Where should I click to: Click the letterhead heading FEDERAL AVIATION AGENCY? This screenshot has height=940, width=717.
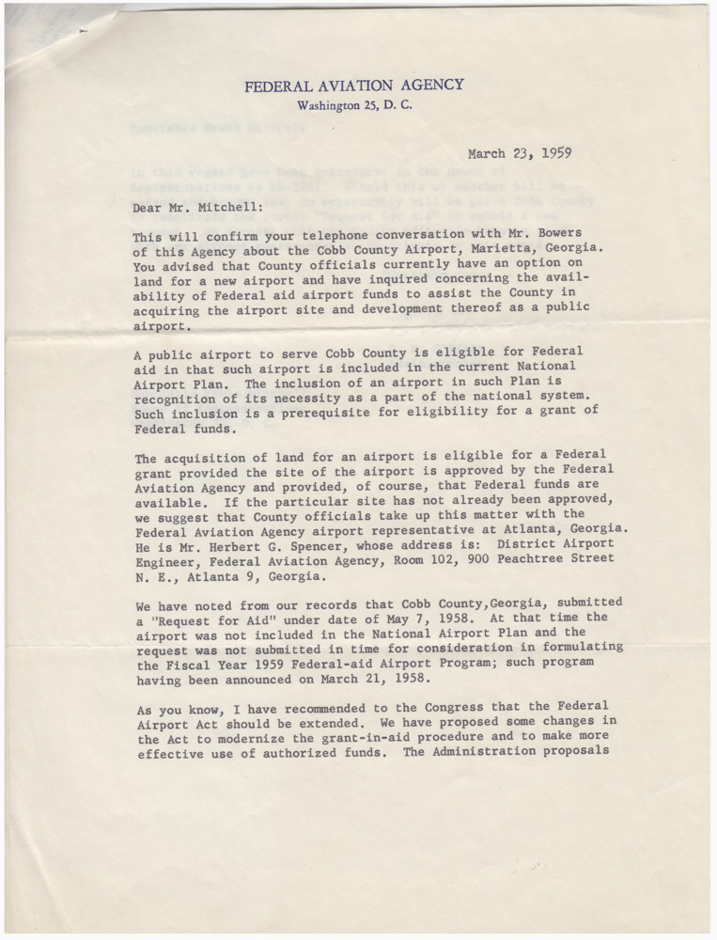pos(353,86)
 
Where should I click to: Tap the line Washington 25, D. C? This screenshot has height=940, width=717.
pos(353,105)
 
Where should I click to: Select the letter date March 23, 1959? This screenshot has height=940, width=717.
pos(520,154)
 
